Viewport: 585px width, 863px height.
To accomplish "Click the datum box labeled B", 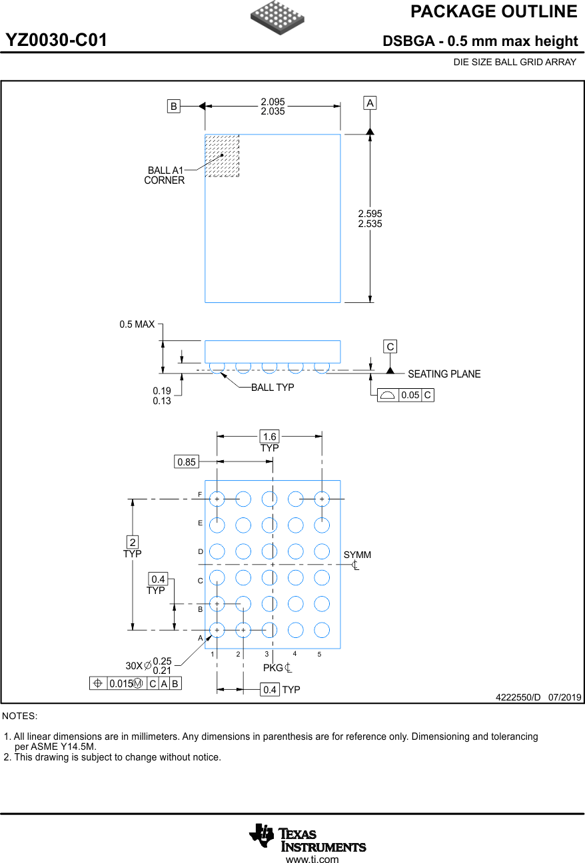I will click(173, 106).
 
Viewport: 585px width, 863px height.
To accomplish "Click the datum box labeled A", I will click(370, 103).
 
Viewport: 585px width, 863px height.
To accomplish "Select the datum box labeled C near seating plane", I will click(390, 346).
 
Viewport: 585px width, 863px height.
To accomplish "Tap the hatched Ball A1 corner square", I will click(222, 156).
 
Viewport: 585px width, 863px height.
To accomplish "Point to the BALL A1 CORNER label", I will click(165, 175).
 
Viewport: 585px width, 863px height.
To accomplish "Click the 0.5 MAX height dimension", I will click(137, 324).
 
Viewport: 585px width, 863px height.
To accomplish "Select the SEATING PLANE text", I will click(444, 374).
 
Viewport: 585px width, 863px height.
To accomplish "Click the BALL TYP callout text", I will click(273, 388).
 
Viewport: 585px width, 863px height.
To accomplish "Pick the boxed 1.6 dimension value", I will click(269, 437).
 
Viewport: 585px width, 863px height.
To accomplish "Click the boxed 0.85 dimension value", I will click(187, 461).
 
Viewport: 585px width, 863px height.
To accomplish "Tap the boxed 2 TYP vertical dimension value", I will click(133, 542).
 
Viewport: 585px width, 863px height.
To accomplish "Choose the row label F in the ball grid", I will click(200, 495).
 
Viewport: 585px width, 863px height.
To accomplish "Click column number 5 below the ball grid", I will click(319, 655).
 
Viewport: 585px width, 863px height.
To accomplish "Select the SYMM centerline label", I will click(357, 555).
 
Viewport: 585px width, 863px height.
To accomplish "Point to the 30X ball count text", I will click(134, 666).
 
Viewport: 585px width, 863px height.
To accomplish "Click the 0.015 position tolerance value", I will click(121, 684).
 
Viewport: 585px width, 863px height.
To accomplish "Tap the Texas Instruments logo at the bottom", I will click(307, 838).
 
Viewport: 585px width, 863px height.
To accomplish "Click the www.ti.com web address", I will click(312, 859).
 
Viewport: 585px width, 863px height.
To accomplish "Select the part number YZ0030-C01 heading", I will click(57, 41).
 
